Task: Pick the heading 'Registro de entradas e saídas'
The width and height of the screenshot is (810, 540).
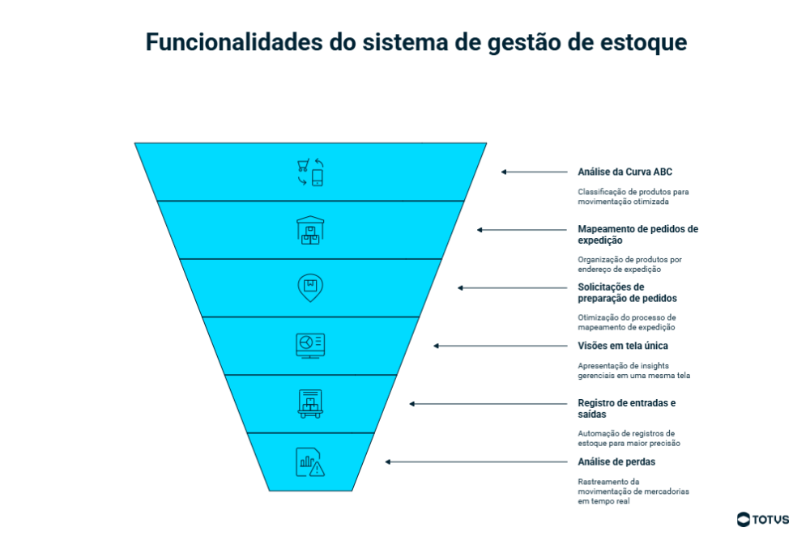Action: pyautogui.click(x=626, y=409)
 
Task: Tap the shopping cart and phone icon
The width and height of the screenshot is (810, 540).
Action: pyautogui.click(x=309, y=172)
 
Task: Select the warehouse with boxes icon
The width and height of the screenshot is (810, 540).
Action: pyautogui.click(x=309, y=230)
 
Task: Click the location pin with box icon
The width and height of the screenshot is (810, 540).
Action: pyautogui.click(x=309, y=287)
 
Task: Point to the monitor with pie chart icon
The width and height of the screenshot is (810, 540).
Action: pyautogui.click(x=309, y=346)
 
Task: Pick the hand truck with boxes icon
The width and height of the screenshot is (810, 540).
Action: pyautogui.click(x=309, y=403)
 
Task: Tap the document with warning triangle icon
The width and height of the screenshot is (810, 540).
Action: pyautogui.click(x=309, y=461)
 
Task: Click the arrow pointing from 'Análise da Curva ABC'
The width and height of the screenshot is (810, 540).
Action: pyautogui.click(x=535, y=172)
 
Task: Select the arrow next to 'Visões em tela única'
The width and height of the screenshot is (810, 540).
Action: pyautogui.click(x=501, y=346)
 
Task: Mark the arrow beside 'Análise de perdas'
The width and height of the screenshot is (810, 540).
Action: pyautogui.click(x=476, y=461)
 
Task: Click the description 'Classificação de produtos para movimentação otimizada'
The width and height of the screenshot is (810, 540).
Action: pyautogui.click(x=633, y=197)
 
